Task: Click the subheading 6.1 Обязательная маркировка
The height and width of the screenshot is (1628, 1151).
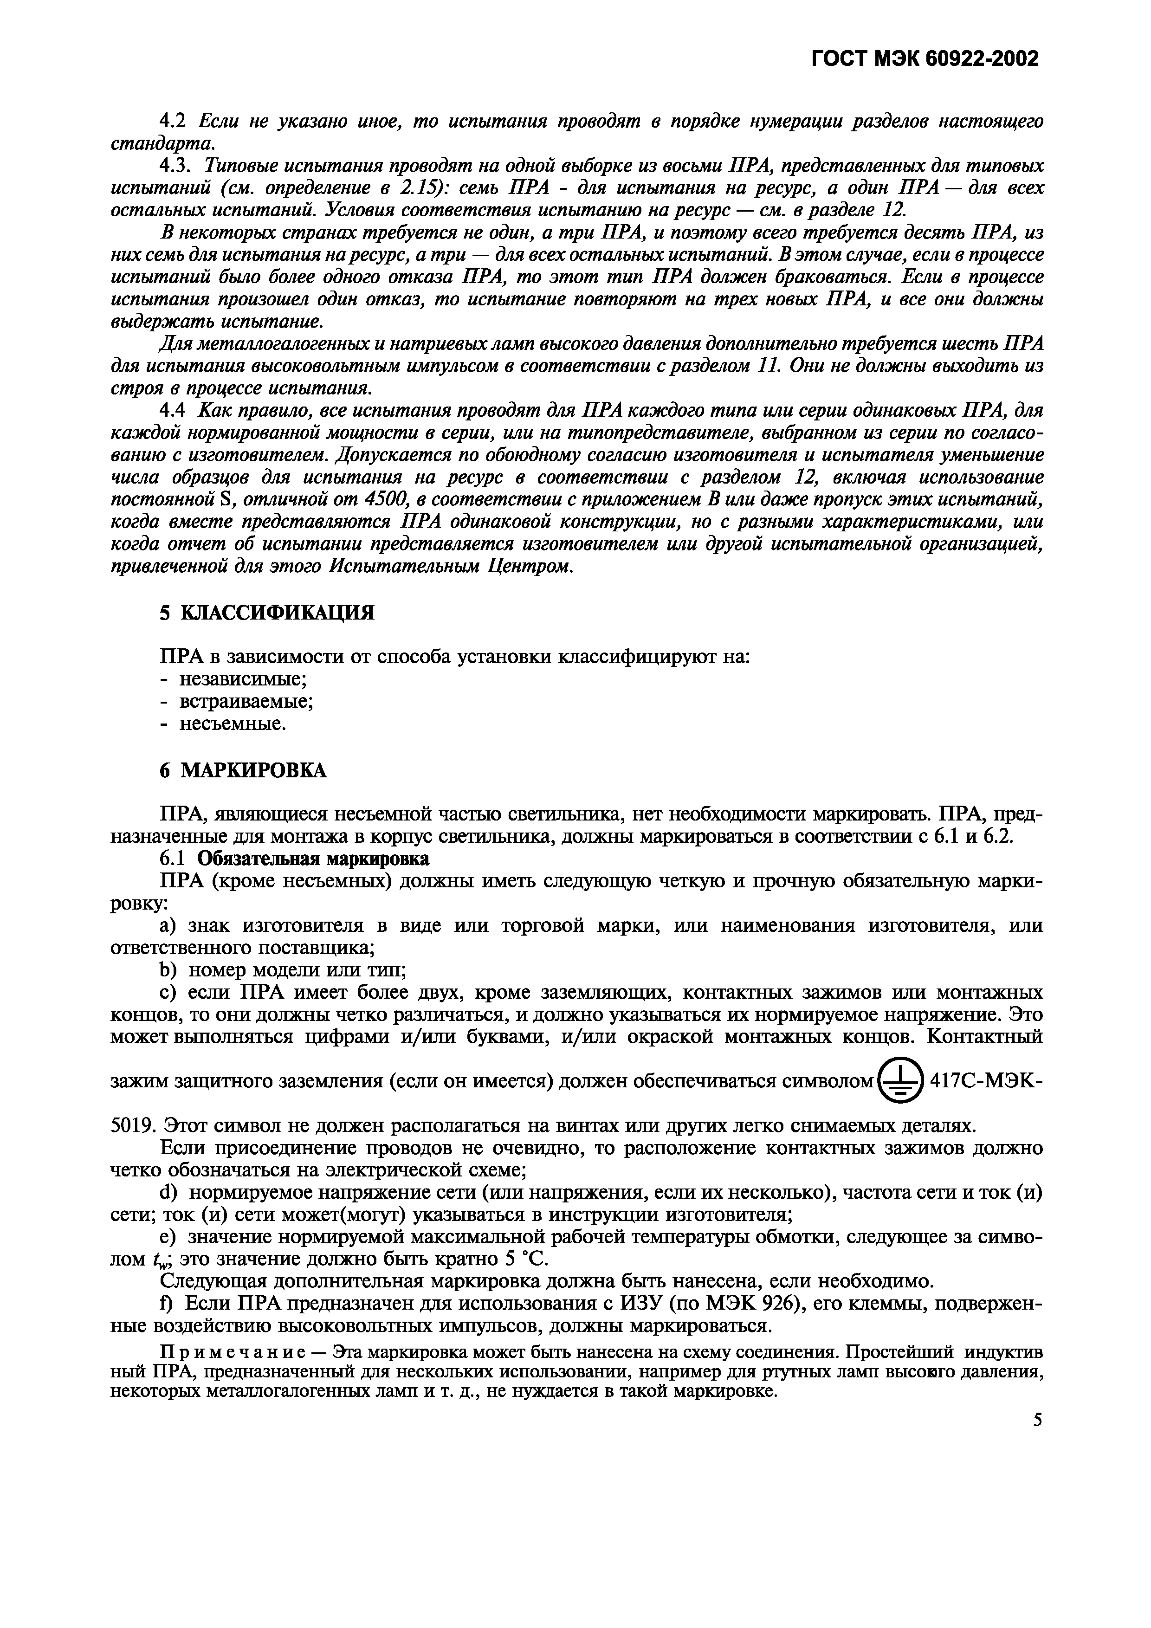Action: point(294,859)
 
